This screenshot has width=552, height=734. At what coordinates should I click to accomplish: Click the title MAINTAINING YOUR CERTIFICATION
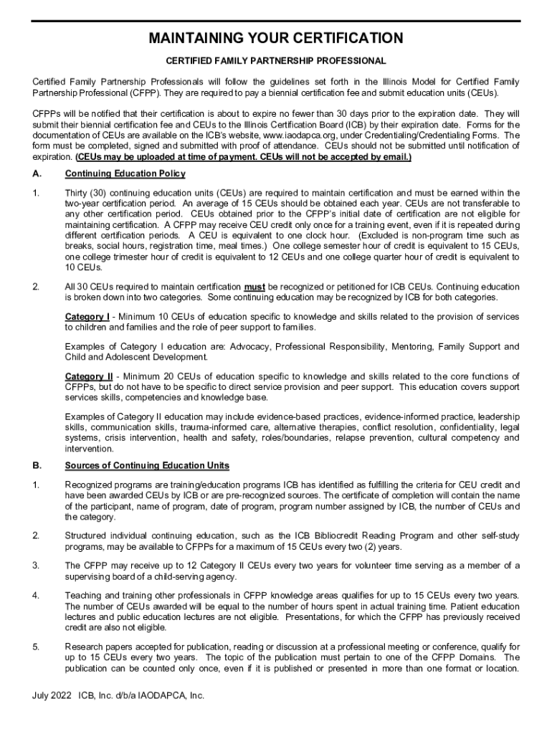click(x=276, y=38)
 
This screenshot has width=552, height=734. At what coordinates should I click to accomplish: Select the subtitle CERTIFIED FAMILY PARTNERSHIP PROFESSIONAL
click(x=276, y=61)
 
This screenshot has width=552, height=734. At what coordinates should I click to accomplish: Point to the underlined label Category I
click(x=87, y=317)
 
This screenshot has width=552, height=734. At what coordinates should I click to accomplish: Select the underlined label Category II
click(x=88, y=377)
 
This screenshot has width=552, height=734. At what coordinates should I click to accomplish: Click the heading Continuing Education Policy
click(x=125, y=173)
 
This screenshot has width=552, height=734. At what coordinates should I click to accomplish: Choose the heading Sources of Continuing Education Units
click(x=147, y=466)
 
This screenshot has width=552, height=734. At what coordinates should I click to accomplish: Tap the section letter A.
click(x=36, y=173)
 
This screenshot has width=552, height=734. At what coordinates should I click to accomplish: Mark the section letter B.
click(x=36, y=466)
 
